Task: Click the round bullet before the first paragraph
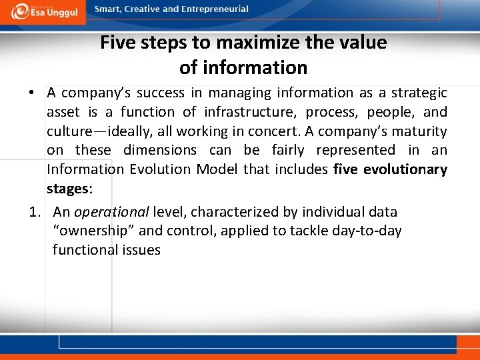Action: point(32,93)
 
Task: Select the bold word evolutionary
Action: point(405,169)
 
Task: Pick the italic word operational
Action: point(111,213)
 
